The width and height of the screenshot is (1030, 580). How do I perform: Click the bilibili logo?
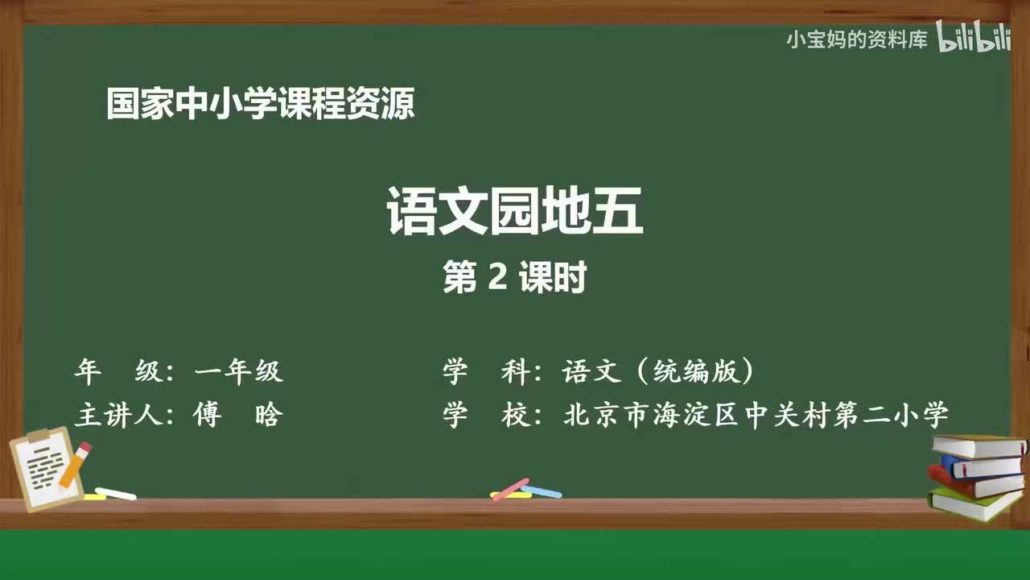[974, 39]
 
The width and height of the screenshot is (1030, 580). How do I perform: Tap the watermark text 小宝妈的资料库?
[857, 39]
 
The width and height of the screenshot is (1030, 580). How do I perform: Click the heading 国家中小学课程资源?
[261, 105]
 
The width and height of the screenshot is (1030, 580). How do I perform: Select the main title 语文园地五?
[515, 211]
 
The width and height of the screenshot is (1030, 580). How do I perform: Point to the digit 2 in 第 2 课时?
[496, 279]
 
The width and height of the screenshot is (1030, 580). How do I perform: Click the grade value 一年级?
[238, 371]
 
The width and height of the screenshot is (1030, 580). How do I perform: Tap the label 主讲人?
[119, 416]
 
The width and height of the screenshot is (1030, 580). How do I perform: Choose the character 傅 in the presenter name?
[207, 416]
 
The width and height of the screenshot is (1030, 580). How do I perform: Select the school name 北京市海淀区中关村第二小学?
[756, 416]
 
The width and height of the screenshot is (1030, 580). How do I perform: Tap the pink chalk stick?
[510, 489]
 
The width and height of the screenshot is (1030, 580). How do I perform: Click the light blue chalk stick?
[542, 491]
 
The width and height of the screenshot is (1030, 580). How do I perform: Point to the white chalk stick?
[115, 493]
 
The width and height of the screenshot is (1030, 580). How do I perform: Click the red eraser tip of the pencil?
[84, 448]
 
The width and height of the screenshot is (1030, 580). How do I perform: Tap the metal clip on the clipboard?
[38, 437]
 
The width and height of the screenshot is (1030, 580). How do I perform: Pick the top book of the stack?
[978, 445]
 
